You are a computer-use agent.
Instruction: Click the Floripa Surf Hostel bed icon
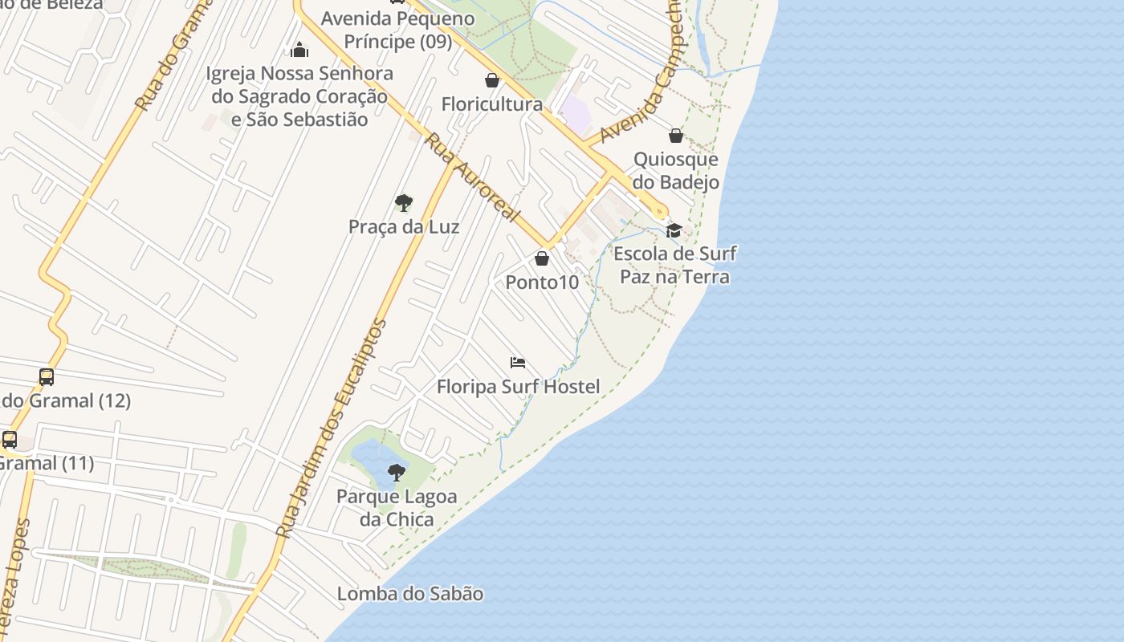(518, 363)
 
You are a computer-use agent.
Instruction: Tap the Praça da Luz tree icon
(404, 202)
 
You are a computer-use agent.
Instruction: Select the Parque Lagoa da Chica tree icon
(396, 472)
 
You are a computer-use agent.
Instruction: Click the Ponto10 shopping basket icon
(542, 258)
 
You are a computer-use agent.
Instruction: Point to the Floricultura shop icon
(492, 80)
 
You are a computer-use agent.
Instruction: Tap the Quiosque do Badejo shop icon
(676, 136)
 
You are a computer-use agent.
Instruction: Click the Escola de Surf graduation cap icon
(674, 231)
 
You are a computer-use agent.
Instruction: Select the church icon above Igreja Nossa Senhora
(299, 50)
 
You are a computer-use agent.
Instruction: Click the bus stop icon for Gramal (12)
(47, 376)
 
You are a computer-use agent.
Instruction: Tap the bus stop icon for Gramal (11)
(10, 440)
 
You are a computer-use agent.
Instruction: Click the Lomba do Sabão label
(410, 594)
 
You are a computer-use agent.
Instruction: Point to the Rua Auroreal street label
(472, 178)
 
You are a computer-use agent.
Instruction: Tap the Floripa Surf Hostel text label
(518, 387)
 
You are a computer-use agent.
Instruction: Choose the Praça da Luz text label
(404, 226)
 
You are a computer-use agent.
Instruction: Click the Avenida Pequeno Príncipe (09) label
(398, 29)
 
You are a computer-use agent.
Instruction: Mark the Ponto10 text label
(542, 282)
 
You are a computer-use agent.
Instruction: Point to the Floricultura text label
(492, 104)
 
